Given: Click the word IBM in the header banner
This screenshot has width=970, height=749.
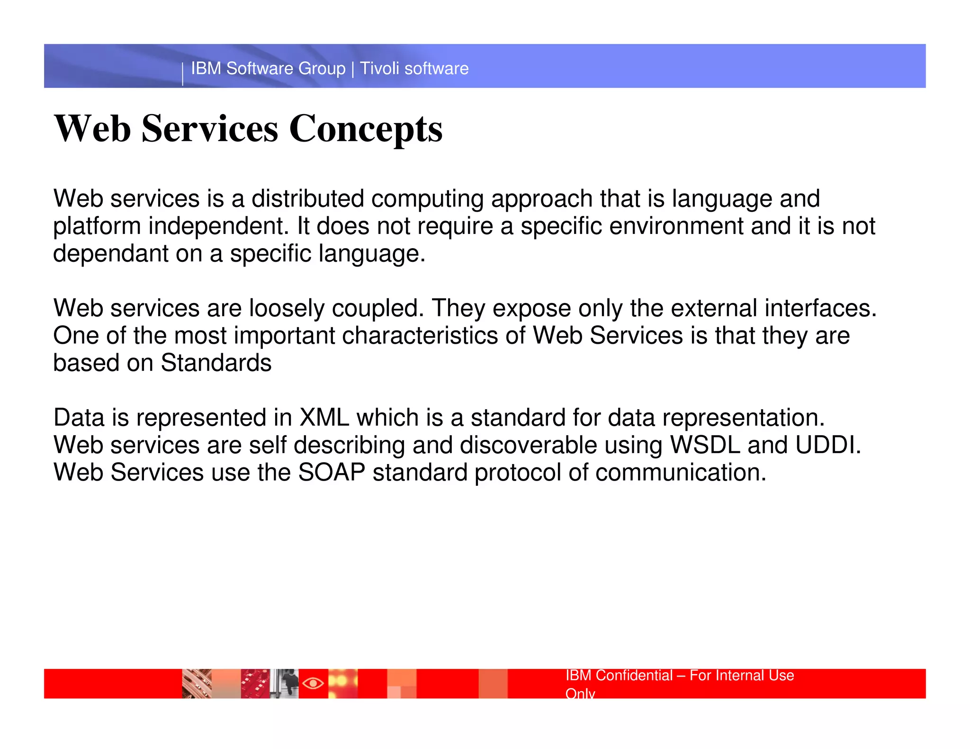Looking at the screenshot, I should (206, 69).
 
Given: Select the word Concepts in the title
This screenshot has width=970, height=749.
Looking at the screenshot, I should (366, 129).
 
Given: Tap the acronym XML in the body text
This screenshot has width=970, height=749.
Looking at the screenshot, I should (324, 418).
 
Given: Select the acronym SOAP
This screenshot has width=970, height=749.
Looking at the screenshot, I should (332, 473).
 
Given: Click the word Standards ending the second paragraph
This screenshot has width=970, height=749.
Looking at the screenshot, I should (216, 364).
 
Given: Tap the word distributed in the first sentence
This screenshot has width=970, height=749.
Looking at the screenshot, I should (307, 199).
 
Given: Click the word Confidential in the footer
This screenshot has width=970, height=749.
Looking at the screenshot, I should (634, 676).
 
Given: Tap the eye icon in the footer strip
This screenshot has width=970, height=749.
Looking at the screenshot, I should (313, 683).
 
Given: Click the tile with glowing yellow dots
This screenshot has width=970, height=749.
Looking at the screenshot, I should (343, 683).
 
